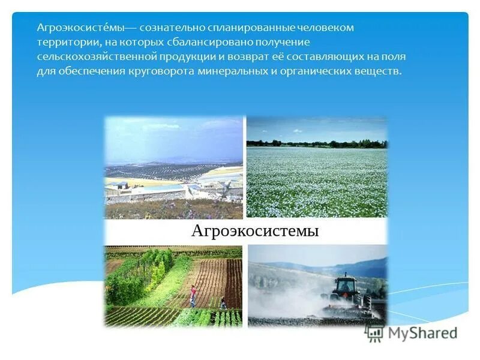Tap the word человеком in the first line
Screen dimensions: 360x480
(329, 28)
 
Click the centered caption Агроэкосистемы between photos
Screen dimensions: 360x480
(254, 231)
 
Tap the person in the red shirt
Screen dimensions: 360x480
(193, 295)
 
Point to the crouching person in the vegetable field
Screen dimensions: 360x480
(223, 304)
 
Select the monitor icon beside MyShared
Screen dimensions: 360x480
(374, 331)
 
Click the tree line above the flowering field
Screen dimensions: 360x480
(317, 144)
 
